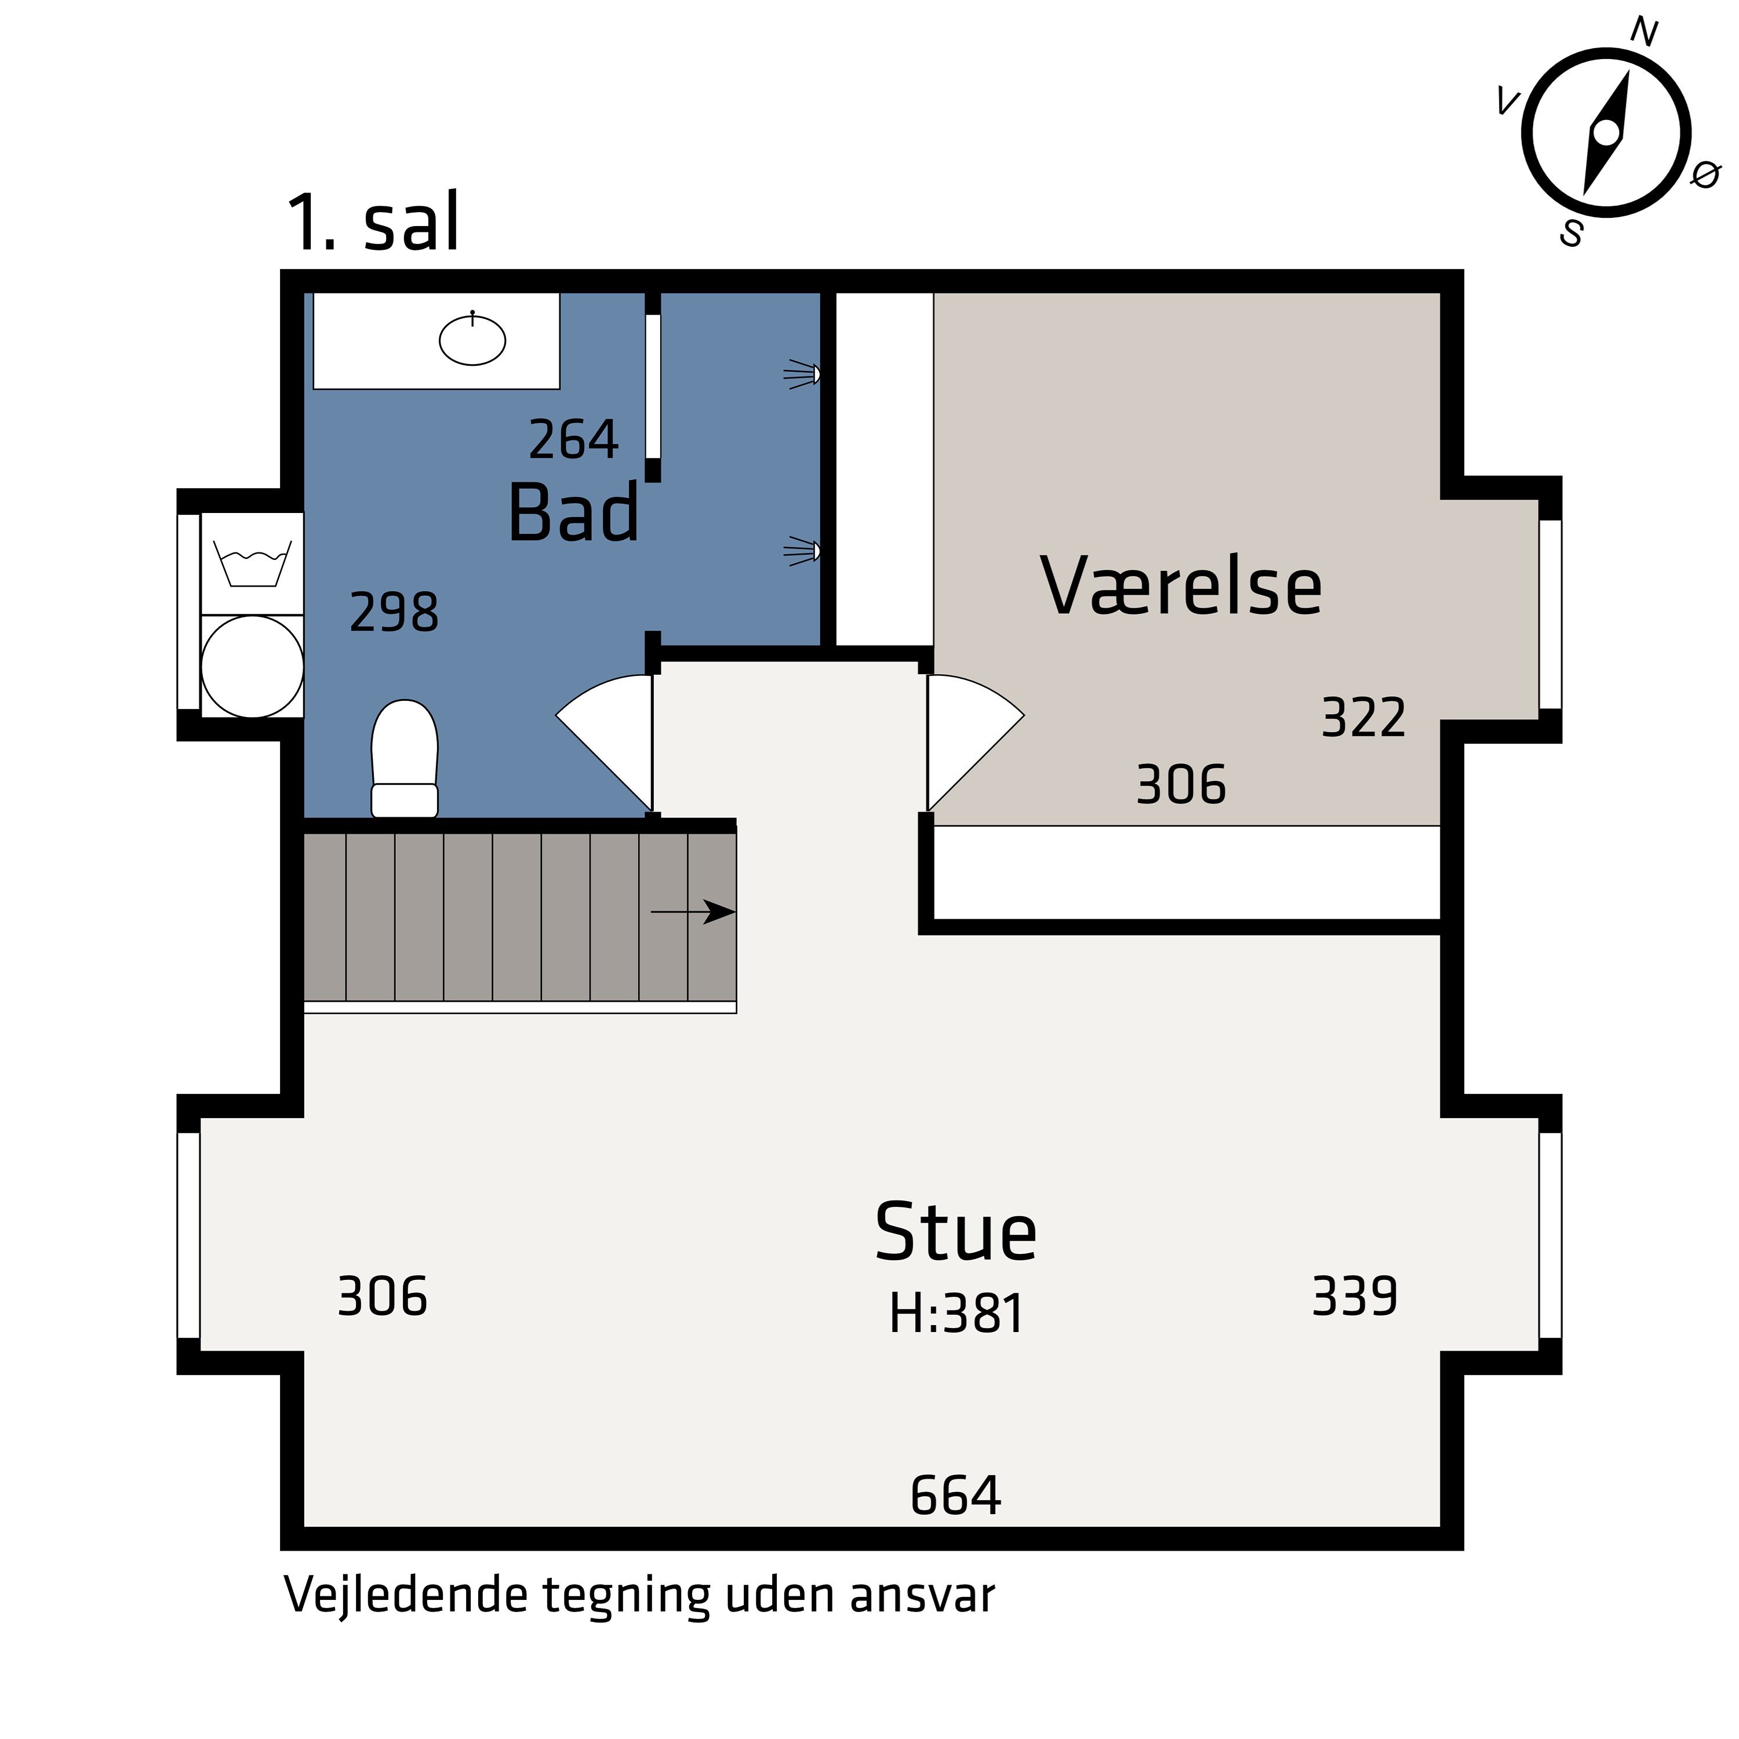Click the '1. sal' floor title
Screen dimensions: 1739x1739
click(373, 223)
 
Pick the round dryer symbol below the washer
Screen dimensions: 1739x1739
click(252, 667)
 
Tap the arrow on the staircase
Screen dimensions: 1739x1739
click(694, 912)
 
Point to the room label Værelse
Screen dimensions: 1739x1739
click(1181, 587)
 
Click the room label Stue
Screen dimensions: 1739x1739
click(956, 1232)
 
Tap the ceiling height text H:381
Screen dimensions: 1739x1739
click(956, 1314)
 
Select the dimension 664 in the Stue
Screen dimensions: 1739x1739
click(955, 1496)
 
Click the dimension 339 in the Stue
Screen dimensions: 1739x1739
click(1355, 1297)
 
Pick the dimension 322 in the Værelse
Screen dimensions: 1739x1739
click(1363, 718)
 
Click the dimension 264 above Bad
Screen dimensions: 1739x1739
click(573, 440)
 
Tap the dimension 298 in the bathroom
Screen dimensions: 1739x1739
click(394, 613)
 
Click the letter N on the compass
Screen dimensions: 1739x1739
click(1643, 33)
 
